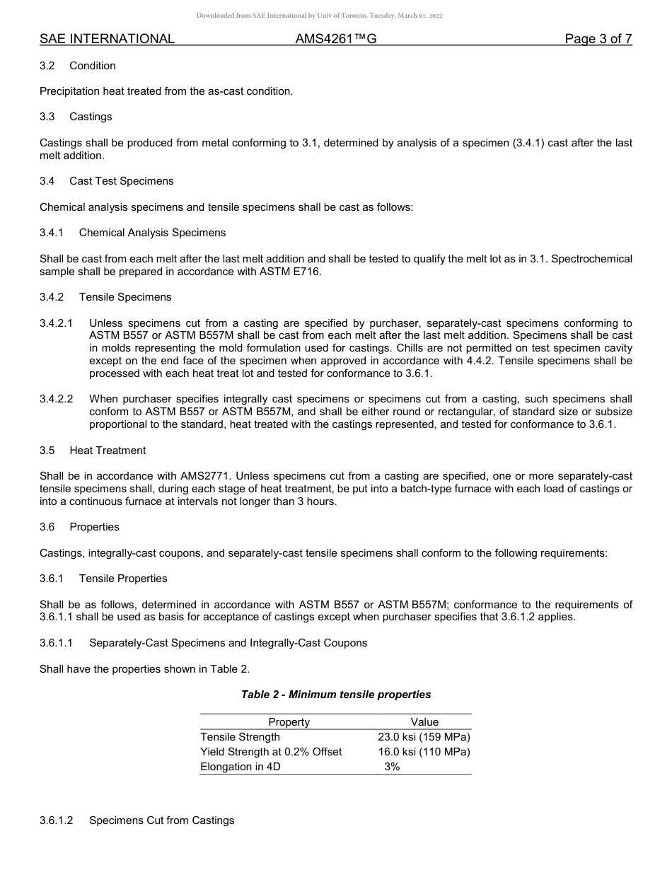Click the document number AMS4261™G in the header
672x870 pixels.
335,39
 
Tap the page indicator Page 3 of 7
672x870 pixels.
598,39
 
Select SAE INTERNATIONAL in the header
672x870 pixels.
107,39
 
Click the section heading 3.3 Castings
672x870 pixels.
76,116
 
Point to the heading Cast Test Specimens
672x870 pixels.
121,181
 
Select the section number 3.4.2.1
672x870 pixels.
56,323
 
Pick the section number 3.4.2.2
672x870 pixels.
56,399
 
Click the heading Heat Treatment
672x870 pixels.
108,451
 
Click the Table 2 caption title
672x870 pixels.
336,695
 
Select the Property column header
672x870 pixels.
289,722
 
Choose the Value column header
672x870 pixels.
424,722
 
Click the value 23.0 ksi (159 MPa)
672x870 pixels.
424,737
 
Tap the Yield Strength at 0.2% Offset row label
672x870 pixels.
271,752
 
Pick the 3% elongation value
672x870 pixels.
392,767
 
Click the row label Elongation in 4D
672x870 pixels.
241,767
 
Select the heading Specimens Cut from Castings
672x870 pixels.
161,820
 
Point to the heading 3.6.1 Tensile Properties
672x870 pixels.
103,579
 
